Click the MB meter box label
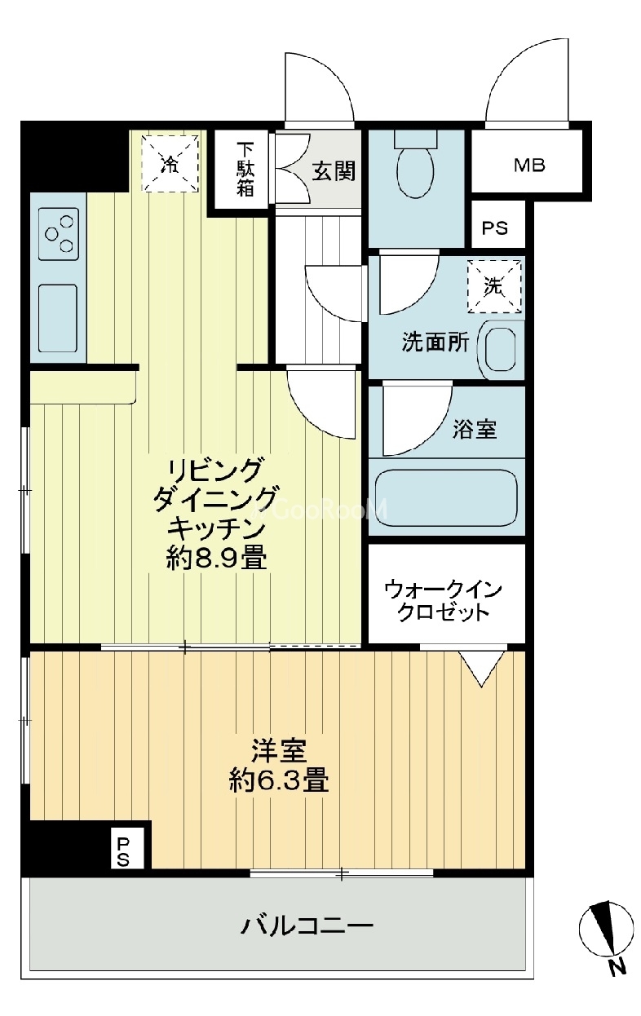click(x=529, y=166)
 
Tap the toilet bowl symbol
click(x=414, y=163)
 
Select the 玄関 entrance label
click(x=334, y=171)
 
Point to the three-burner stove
click(x=59, y=234)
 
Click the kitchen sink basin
click(x=58, y=318)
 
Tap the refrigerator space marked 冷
click(x=170, y=163)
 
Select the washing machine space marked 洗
click(x=494, y=286)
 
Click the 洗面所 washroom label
click(x=435, y=342)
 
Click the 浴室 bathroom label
click(x=475, y=429)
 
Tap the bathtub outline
click(x=446, y=497)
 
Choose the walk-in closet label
click(x=443, y=600)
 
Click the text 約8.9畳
click(x=216, y=558)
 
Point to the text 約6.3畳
click(x=279, y=780)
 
